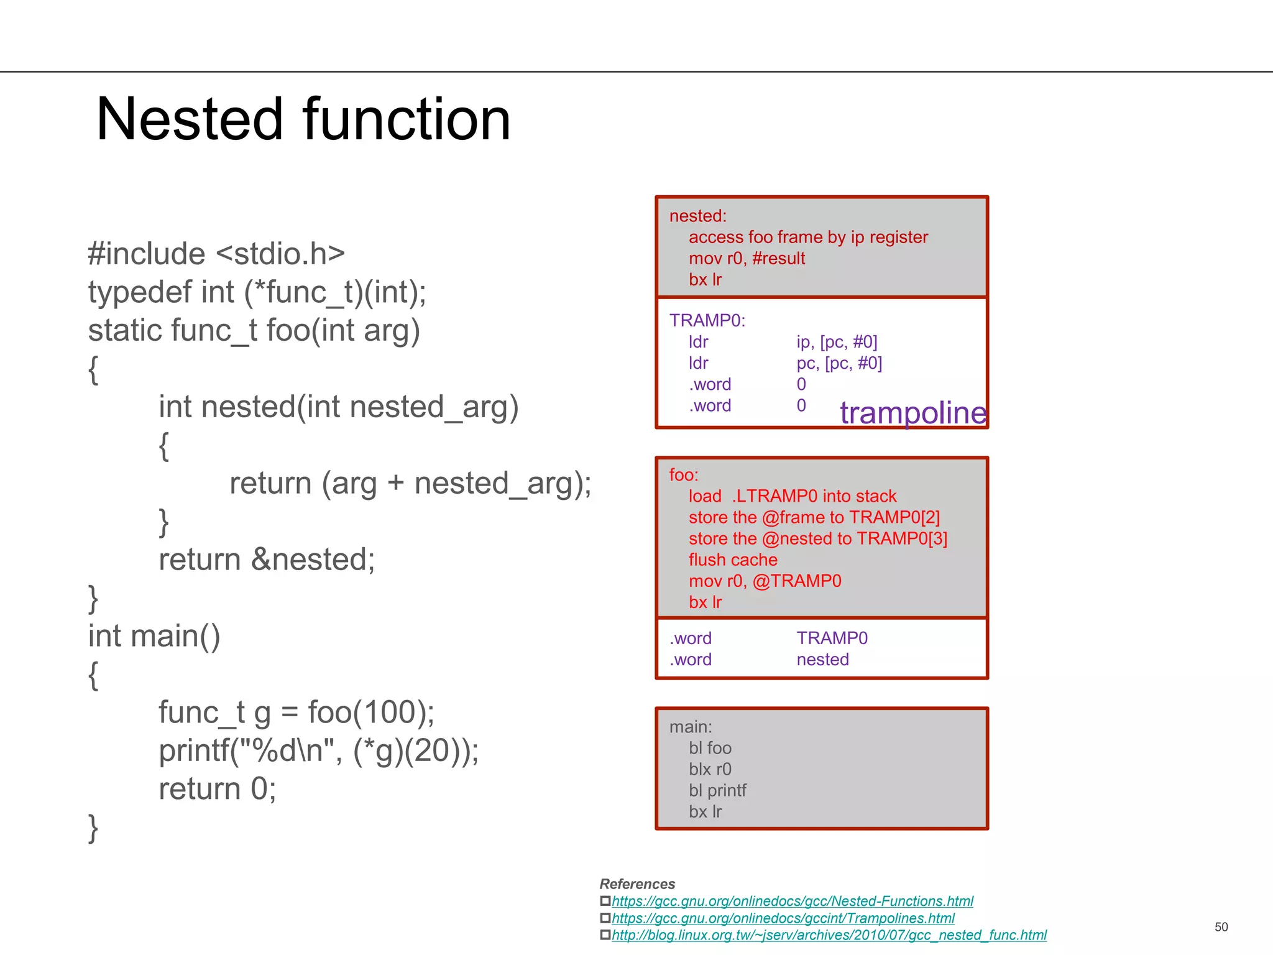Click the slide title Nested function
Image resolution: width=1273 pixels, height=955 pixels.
tap(303, 119)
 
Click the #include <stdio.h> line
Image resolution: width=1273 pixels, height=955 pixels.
tap(216, 254)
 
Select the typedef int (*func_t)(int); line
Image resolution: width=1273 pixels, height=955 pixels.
tap(257, 292)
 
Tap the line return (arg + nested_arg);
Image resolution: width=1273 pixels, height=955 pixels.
tap(410, 483)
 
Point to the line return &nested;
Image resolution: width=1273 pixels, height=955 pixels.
tap(267, 560)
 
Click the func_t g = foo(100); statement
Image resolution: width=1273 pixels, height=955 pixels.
tap(296, 713)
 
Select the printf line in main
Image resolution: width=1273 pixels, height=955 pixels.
tap(318, 751)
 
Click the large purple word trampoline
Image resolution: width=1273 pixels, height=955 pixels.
tap(912, 413)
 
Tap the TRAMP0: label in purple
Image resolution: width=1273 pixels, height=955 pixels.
tap(707, 320)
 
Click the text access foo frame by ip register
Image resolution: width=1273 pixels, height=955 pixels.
tap(807, 237)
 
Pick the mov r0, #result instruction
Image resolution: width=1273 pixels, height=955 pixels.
tap(746, 258)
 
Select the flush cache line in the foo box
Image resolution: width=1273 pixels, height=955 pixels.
tap(732, 560)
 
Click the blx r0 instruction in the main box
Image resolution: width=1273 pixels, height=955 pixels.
tap(709, 769)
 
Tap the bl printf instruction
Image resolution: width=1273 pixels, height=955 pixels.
tap(717, 790)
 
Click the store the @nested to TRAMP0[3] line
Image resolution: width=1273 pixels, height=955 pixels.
tap(817, 538)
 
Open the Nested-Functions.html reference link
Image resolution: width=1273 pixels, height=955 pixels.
tap(792, 901)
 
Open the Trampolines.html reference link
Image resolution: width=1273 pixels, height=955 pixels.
tap(783, 918)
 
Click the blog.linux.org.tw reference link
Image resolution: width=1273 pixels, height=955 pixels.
tap(829, 935)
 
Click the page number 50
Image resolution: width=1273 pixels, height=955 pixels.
tap(1221, 927)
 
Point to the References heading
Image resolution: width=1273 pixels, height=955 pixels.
tap(637, 884)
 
